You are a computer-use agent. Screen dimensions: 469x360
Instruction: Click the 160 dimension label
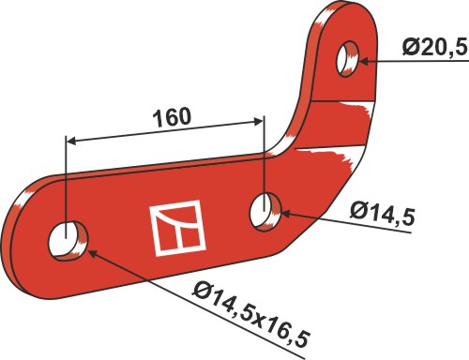pyautogui.click(x=172, y=117)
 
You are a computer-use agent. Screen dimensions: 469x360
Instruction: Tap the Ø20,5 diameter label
pyautogui.click(x=435, y=48)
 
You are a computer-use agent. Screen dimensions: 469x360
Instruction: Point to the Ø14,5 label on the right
pyautogui.click(x=383, y=213)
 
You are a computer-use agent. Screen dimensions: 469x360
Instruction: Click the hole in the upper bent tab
pyautogui.click(x=347, y=59)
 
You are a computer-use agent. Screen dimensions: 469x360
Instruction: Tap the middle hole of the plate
pyautogui.click(x=265, y=212)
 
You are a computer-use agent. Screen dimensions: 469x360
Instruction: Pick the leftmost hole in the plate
pyautogui.click(x=68, y=241)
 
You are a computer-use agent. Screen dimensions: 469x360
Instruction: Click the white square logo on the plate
pyautogui.click(x=177, y=228)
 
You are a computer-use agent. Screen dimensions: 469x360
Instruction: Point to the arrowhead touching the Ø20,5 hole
pyautogui.click(x=364, y=61)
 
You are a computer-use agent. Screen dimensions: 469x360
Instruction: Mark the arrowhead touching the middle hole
pyautogui.click(x=287, y=214)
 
